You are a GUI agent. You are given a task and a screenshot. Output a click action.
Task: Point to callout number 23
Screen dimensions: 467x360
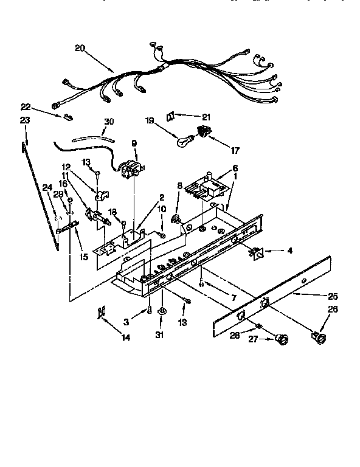pos(24,120)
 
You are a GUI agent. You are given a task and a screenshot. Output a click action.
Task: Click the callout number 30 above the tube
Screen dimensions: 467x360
pos(108,122)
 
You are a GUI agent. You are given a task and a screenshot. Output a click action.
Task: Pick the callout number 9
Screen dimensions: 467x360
pos(134,144)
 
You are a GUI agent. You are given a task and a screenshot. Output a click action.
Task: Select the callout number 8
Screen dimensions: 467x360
pos(179,185)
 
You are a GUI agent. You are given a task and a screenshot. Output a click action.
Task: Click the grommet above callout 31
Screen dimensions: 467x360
pos(161,312)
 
